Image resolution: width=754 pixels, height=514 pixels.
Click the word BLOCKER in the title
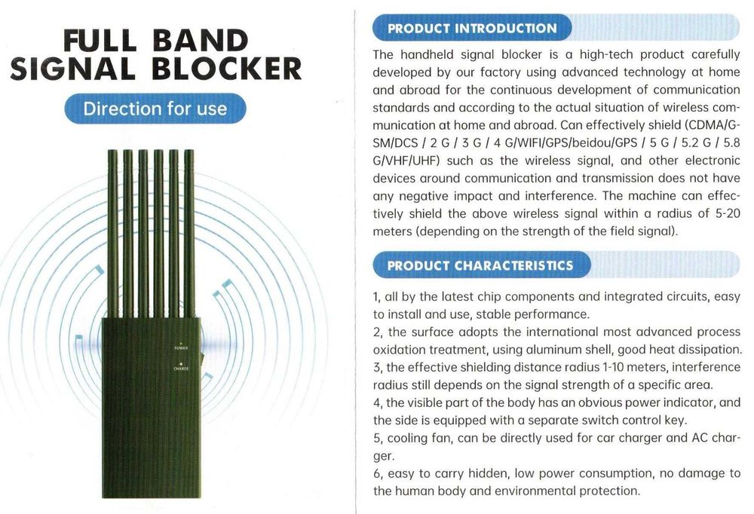pos(226,69)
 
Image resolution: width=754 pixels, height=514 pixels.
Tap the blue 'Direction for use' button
pos(155,109)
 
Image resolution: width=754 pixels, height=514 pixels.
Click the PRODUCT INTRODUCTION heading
pos(472,28)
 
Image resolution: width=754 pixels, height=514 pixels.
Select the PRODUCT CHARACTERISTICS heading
pos(480,265)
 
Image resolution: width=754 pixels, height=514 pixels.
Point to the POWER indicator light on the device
pos(181,343)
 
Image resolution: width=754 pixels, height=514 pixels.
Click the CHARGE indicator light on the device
pos(181,364)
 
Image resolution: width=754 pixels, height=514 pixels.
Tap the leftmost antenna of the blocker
pos(112,234)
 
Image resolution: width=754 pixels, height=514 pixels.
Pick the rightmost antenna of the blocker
pos(189,234)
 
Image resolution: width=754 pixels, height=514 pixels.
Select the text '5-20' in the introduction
pos(728,213)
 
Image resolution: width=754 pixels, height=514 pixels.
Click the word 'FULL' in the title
pos(100,41)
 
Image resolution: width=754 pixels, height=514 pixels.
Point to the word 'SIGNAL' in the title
pos(72,69)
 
